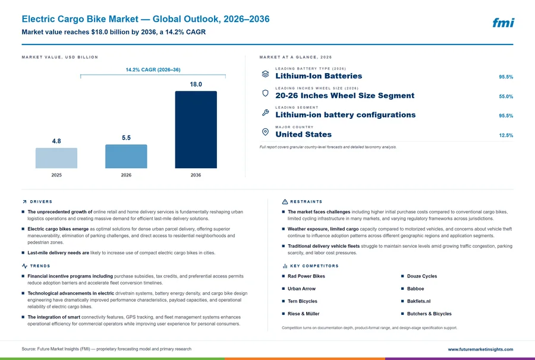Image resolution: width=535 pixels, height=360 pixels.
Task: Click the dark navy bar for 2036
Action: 196,130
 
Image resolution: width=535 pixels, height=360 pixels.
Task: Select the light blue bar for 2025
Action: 56,158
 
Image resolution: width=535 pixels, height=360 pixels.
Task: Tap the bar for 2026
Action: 126,156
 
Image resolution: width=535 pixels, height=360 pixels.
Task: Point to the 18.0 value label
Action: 196,84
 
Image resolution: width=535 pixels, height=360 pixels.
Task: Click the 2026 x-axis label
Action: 126,175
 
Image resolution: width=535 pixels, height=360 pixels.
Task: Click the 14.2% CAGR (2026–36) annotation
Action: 153,70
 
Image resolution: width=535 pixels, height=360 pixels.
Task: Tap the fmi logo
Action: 503,23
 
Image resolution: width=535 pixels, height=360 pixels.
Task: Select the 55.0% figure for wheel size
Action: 506,96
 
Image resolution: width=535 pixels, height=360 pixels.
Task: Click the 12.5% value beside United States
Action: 506,135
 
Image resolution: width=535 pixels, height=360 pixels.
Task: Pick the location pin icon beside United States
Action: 265,132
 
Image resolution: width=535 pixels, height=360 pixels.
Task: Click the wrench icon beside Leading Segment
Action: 265,112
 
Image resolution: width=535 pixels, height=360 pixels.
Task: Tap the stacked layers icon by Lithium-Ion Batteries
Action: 265,74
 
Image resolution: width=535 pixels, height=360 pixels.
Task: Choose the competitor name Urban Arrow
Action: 301,289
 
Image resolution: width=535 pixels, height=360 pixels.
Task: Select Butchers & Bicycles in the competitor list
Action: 429,314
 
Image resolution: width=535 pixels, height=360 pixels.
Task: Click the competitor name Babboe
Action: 416,289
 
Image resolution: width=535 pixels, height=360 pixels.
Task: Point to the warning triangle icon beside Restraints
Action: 285,202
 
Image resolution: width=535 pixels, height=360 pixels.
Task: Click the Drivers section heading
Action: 41,202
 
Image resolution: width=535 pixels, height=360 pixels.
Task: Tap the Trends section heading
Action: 40,266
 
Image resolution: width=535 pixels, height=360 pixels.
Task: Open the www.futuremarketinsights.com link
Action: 480,349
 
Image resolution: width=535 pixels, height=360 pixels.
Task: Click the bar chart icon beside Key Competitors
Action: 285,266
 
